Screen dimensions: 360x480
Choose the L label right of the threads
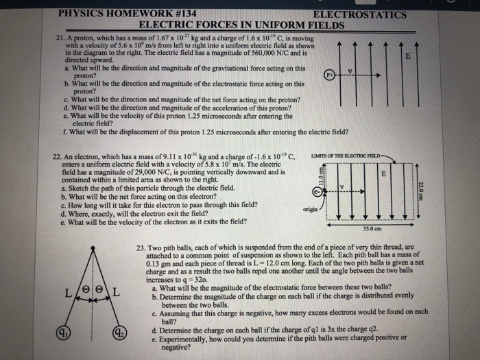pos(117,293)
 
